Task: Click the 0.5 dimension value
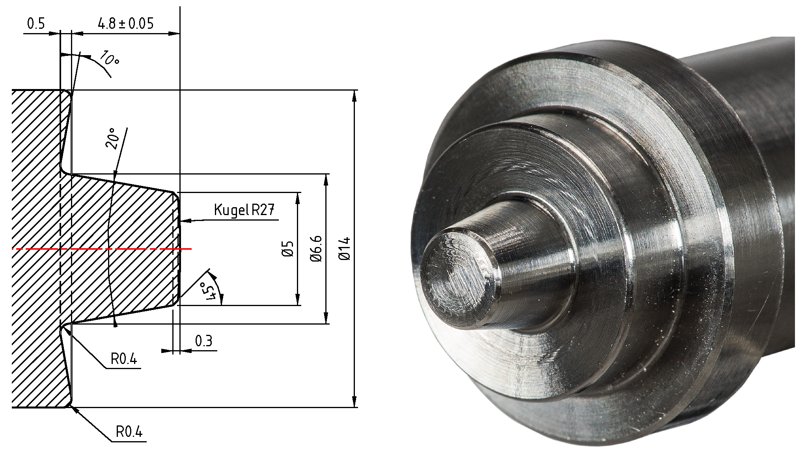(35, 24)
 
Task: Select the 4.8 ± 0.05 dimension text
(125, 24)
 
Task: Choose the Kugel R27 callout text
(244, 210)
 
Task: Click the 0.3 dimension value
(203, 341)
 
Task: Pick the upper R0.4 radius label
(123, 359)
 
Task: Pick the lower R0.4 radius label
(129, 432)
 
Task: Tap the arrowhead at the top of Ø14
(355, 95)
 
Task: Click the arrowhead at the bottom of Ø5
(298, 301)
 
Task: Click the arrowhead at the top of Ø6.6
(326, 178)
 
